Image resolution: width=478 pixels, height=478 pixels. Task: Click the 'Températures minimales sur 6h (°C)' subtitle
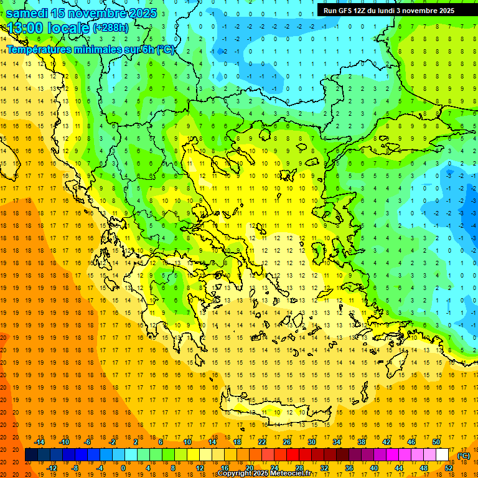click(x=90, y=50)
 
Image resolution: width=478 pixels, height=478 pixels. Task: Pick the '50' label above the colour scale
click(x=436, y=442)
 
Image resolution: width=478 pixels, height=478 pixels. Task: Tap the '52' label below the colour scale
click(x=449, y=468)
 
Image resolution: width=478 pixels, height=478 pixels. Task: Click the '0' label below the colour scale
click(x=123, y=468)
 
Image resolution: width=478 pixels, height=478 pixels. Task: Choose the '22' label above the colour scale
click(x=262, y=442)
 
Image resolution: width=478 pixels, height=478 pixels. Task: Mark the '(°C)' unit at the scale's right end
click(x=464, y=456)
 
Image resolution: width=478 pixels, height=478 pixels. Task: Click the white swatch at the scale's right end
click(x=443, y=455)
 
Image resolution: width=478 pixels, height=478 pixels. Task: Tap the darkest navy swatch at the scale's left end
click(x=31, y=455)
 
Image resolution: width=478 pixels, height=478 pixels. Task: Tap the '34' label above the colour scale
click(x=337, y=442)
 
